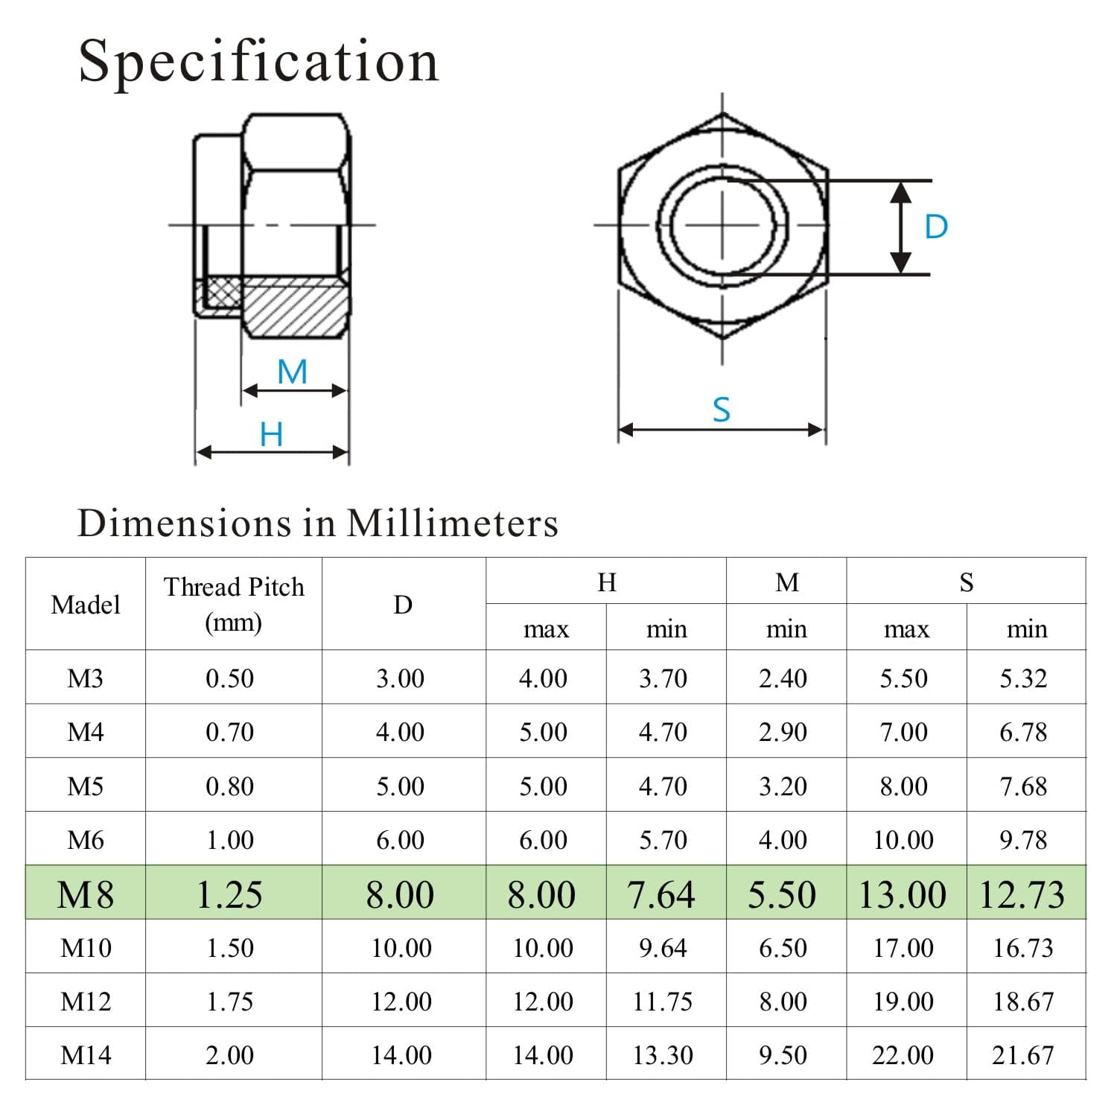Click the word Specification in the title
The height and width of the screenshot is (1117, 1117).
pos(258,61)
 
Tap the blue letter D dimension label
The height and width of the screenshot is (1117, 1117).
pos(936,226)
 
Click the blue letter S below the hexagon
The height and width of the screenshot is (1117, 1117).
pos(722,410)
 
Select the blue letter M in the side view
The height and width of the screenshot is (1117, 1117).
pos(293,372)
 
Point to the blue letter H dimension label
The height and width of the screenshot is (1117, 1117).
pos(272,434)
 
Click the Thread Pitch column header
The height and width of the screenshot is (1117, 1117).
pos(234,603)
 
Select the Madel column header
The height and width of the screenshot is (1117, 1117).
pos(86,604)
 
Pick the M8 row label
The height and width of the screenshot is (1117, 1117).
pos(86,894)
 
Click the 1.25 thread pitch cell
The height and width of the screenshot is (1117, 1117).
pos(229,894)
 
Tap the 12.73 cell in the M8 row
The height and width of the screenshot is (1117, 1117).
pos(1022,894)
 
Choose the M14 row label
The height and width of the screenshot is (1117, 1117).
pos(86,1054)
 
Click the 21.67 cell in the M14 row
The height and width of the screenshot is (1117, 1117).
pos(1023,1054)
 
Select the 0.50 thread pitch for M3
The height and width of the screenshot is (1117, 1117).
pos(229,678)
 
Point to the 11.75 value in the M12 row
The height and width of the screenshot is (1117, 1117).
pos(663,1001)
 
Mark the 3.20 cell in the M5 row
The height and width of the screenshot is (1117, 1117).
pos(783,786)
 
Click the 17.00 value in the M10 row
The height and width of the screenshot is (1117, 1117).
pos(903,947)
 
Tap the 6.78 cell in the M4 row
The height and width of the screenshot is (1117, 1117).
pos(1023,731)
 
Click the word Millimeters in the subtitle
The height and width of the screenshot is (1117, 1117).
pos(452,523)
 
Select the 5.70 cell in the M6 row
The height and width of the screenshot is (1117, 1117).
pos(663,839)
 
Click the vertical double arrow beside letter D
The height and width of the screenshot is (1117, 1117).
pos(901,226)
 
